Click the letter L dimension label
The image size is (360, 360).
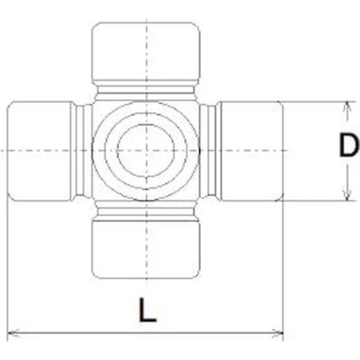[x=148, y=310]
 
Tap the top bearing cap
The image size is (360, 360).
[x=146, y=51]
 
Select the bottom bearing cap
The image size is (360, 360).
[x=146, y=249]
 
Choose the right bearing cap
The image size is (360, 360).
[x=252, y=151]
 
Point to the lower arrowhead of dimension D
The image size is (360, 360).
[x=348, y=195]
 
